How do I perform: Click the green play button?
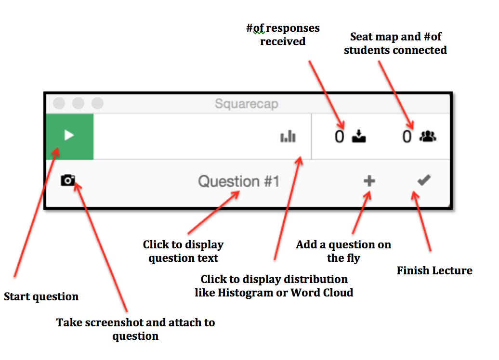[x=69, y=136]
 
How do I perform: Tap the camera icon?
[x=68, y=180]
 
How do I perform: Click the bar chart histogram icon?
[x=288, y=137]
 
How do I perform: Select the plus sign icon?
[x=369, y=181]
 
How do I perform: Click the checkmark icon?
[x=424, y=180]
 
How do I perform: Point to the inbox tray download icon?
[x=359, y=137]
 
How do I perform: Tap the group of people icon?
[x=427, y=137]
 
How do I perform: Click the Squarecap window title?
[x=246, y=104]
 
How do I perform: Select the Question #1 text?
[x=238, y=181]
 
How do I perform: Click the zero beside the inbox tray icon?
[x=340, y=137]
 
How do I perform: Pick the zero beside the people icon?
[x=407, y=137]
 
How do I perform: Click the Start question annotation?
[x=41, y=296]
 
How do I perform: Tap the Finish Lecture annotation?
[x=434, y=270]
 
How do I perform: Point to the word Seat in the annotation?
[x=361, y=37]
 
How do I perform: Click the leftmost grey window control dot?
[x=59, y=103]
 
